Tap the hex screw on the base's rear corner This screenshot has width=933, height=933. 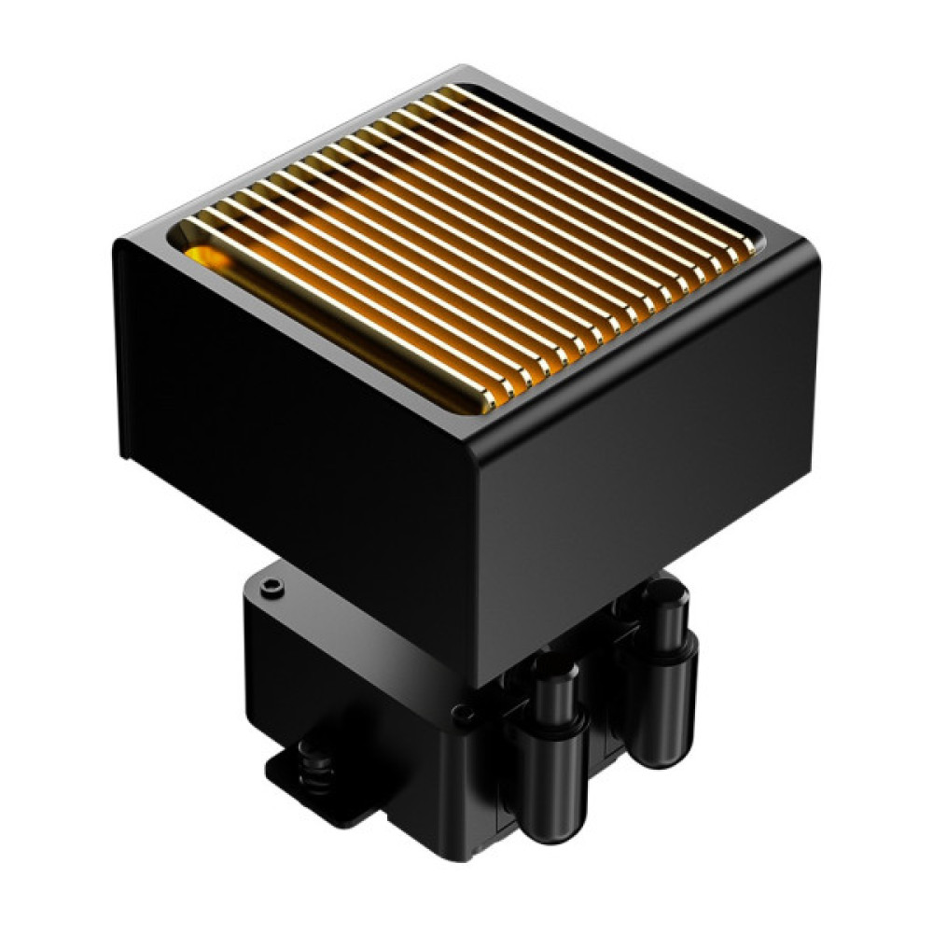(272, 587)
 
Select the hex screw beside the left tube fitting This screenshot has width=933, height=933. (460, 716)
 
